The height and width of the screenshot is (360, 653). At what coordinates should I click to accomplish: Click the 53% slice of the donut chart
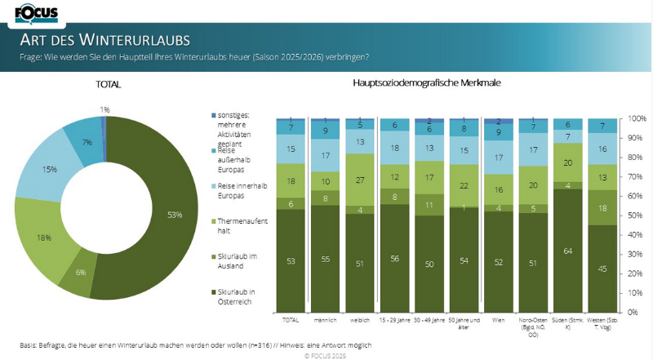[162, 214]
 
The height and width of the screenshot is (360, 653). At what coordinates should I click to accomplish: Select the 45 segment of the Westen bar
[602, 268]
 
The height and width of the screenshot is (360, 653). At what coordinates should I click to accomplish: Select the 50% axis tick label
[635, 216]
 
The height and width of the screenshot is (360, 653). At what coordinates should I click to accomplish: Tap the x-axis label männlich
[325, 321]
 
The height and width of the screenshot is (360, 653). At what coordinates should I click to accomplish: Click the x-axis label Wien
[498, 321]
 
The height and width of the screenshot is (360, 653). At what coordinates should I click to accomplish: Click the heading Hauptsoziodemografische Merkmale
[426, 84]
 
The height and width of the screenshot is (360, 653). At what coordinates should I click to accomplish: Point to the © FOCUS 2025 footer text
[326, 356]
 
